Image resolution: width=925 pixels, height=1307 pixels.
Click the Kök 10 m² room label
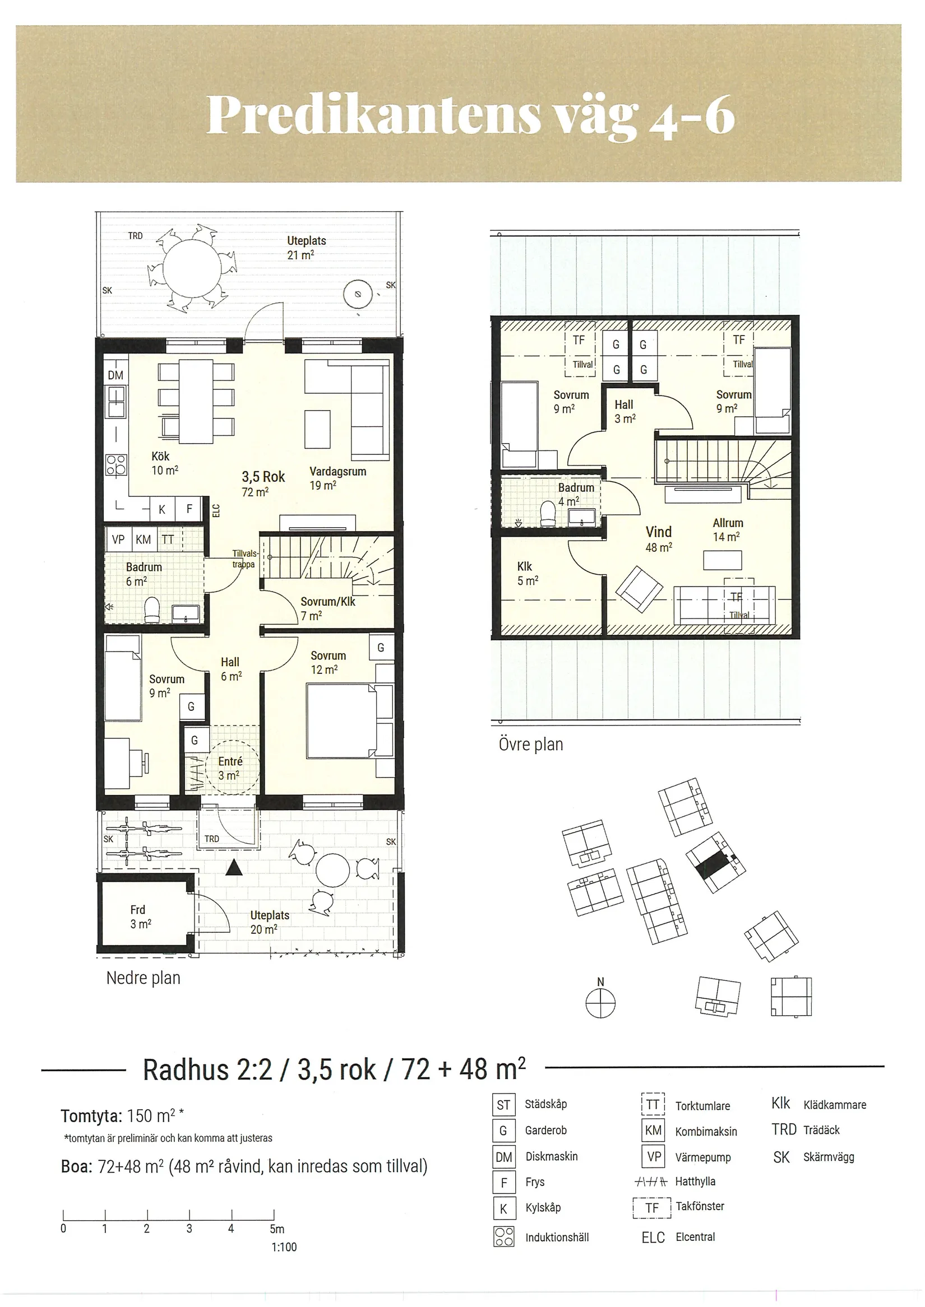(x=165, y=463)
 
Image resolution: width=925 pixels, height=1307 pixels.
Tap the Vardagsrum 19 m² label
(x=337, y=478)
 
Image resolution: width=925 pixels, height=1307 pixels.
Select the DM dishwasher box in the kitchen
(x=115, y=375)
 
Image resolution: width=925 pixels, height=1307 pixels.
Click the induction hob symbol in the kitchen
(x=116, y=464)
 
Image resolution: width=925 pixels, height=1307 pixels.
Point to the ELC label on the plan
(x=216, y=510)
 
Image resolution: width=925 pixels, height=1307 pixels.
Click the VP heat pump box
(x=118, y=539)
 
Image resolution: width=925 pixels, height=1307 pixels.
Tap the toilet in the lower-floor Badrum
(x=152, y=610)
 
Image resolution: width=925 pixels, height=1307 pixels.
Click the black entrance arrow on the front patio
(x=234, y=868)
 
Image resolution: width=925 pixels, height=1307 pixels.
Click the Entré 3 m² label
(x=230, y=768)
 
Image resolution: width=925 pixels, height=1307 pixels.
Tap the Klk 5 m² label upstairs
(x=528, y=573)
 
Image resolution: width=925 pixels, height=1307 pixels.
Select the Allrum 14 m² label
(x=727, y=529)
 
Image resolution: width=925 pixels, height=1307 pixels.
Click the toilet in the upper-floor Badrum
(x=548, y=514)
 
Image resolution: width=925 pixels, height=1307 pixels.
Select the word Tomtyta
(x=91, y=1116)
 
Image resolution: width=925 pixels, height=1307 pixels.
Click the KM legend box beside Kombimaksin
(x=653, y=1130)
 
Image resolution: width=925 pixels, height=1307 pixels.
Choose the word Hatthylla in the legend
(x=695, y=1181)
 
